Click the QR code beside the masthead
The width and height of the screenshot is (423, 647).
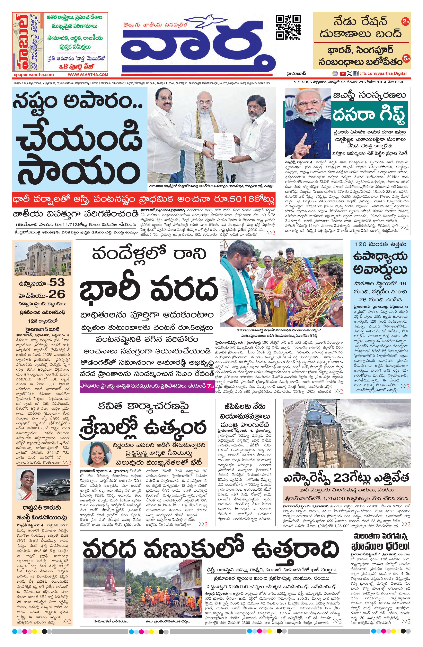pyautogui.click(x=288, y=27)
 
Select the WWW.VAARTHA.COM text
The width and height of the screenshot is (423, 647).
pyautogui.click(x=88, y=74)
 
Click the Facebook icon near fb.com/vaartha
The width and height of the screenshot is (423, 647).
pyautogui.click(x=355, y=73)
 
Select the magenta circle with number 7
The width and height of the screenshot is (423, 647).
pyautogui.click(x=209, y=387)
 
